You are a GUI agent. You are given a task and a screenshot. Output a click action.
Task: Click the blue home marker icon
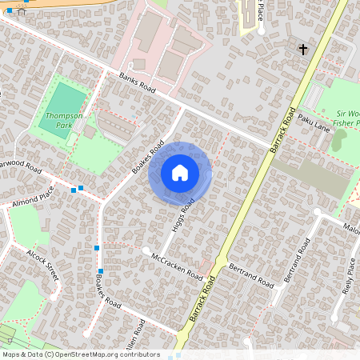pyautogui.click(x=180, y=173)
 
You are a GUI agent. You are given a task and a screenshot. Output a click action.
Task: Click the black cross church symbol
pyautogui.click(x=303, y=50)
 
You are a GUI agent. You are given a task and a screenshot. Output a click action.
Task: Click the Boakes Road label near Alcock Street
pyautogui.click(x=108, y=293)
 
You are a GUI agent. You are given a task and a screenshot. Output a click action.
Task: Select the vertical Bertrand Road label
pyautogui.click(x=296, y=260)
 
